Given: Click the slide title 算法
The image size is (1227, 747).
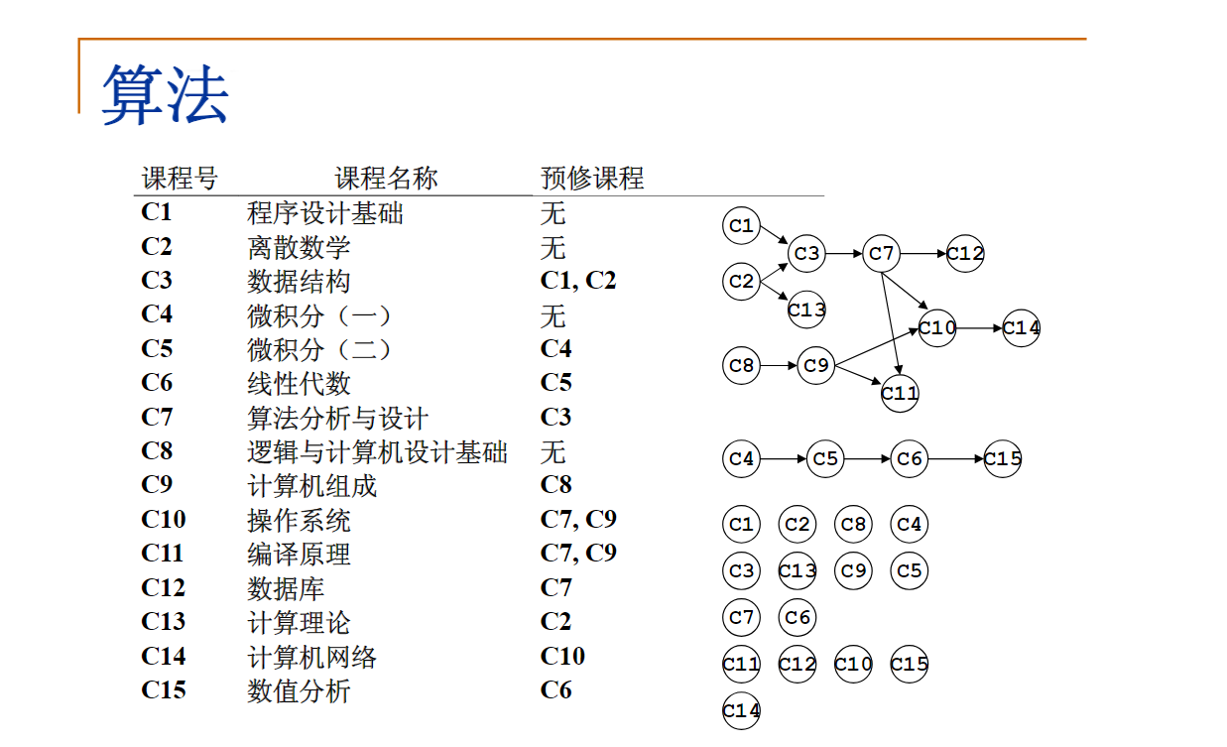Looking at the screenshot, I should [x=165, y=95].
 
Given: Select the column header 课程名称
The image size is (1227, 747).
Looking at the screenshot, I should [x=386, y=179].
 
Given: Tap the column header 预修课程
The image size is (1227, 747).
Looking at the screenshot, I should [x=592, y=179].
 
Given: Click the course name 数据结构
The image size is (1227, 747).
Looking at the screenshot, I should [x=299, y=282].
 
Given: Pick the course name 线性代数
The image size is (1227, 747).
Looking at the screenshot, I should [x=299, y=384].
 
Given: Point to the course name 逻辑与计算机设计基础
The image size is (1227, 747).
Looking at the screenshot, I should [x=377, y=452].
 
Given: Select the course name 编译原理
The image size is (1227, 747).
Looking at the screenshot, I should [x=299, y=555].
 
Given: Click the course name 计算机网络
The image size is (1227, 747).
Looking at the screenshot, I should [x=311, y=657].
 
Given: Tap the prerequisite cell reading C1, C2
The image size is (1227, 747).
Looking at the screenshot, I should [x=578, y=281].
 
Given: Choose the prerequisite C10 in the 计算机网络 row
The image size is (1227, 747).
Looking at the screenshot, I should [x=562, y=656].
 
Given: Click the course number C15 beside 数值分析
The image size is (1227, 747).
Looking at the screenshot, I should [x=164, y=690].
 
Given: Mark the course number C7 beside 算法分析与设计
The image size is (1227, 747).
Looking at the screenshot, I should [x=157, y=418].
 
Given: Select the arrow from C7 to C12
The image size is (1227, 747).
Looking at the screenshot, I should [x=923, y=254].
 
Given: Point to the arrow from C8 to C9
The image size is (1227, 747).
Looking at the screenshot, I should [x=779, y=365].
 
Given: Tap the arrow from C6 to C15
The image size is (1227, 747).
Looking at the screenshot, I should [x=956, y=459].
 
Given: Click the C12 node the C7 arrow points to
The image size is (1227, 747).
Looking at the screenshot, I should [x=965, y=254].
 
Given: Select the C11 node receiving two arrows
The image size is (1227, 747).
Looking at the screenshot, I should [x=900, y=393].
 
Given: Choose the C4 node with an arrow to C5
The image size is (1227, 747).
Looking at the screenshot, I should [x=741, y=459].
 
